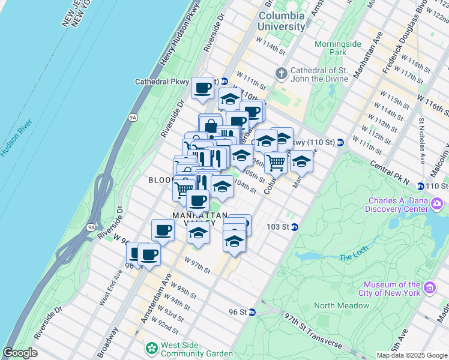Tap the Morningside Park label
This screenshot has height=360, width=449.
click(x=330, y=48)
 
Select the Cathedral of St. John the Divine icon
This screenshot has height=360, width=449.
click(x=281, y=74)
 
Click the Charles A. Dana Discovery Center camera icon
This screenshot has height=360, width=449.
click(x=437, y=206)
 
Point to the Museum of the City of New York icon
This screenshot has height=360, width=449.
click(x=429, y=289)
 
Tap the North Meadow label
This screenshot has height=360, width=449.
click(x=341, y=305)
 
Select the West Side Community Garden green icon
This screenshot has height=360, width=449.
click(x=152, y=347)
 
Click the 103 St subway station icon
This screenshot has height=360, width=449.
click(x=295, y=227)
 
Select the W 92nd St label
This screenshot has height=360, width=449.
click(x=165, y=325)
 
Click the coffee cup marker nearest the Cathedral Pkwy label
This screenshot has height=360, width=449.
click(x=203, y=88)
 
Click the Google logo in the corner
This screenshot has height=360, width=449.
click(x=20, y=353)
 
